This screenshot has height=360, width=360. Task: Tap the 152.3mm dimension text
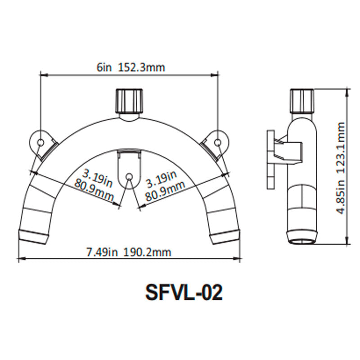142,67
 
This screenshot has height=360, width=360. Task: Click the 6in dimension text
104,67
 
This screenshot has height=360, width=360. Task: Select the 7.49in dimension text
102,252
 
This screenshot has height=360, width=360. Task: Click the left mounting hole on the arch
40,142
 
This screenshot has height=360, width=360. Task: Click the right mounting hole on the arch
218,142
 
